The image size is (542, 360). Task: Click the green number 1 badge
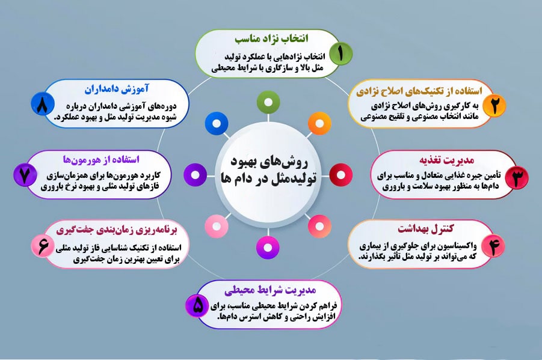340,53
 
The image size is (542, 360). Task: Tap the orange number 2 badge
494,105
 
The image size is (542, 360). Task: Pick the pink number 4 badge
494,246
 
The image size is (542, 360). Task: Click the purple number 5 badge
198,306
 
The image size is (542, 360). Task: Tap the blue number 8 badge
43,106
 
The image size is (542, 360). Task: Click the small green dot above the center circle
266,103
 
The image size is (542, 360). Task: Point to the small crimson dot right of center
340,175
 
